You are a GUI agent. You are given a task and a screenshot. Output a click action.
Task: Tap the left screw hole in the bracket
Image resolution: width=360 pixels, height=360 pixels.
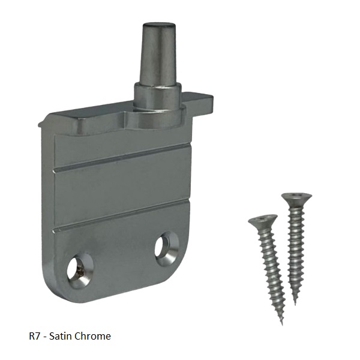80,269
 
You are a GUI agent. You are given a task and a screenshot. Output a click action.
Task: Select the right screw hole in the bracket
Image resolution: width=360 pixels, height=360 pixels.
167,249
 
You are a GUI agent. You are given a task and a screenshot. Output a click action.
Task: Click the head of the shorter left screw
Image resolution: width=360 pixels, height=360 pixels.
263,221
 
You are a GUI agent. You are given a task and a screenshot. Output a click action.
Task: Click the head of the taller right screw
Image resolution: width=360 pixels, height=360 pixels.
296,199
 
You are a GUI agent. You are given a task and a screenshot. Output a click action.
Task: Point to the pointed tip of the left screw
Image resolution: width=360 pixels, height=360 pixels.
282,325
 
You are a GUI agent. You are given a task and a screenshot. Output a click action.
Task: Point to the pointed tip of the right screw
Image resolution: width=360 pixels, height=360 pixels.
295,304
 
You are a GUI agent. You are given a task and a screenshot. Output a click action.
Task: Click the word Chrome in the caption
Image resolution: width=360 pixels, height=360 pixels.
93,336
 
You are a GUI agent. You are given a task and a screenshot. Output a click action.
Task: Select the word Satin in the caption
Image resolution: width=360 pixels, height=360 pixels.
61,336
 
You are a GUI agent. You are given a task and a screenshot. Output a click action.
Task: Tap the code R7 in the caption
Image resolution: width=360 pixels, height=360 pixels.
34,336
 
